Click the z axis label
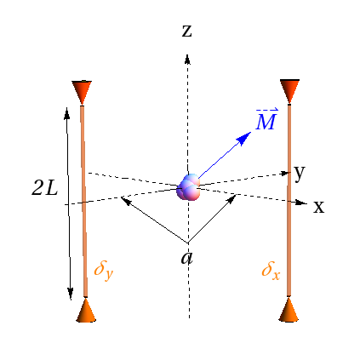(186, 31)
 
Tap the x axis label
(318, 207)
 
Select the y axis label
(300, 173)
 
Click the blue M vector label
(266, 120)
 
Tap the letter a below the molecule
(186, 256)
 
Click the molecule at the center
(189, 187)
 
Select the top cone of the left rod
(82, 91)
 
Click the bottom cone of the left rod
(85, 310)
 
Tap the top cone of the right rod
(290, 89)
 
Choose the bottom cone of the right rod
(290, 310)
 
